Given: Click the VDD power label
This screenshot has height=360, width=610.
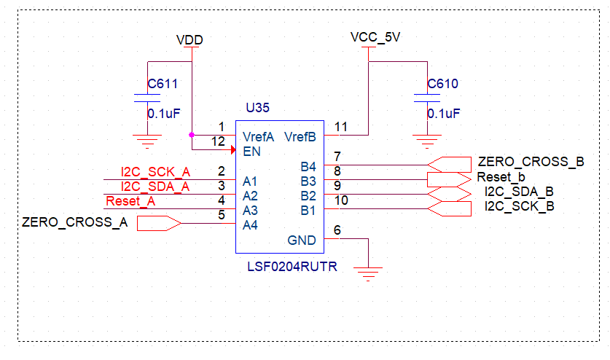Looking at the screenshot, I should [190, 39].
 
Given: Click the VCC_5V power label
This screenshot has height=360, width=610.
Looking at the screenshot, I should [375, 37].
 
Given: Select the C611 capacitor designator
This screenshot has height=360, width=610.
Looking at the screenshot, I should [163, 85].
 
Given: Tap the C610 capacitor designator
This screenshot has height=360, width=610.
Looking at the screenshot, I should [443, 85].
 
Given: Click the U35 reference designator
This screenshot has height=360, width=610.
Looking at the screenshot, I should [257, 108].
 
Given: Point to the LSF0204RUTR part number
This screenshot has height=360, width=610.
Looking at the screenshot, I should [292, 267].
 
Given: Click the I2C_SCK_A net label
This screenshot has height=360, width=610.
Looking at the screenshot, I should [155, 172].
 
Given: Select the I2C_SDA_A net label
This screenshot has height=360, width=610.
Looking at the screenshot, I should [155, 187].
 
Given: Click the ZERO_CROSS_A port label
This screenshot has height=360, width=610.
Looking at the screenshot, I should [75, 223].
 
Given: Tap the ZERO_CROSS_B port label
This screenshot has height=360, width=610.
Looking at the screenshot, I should [531, 162].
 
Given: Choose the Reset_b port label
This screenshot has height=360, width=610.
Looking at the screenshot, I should [501, 177].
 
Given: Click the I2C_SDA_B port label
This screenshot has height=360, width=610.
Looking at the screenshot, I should [519, 192].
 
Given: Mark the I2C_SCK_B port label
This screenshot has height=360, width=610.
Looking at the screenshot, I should [519, 206].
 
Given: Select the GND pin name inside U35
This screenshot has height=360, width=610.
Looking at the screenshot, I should [302, 240].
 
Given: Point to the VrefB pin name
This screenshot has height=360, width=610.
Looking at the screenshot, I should [300, 136].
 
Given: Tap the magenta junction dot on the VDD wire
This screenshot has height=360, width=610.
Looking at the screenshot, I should [191, 135].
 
